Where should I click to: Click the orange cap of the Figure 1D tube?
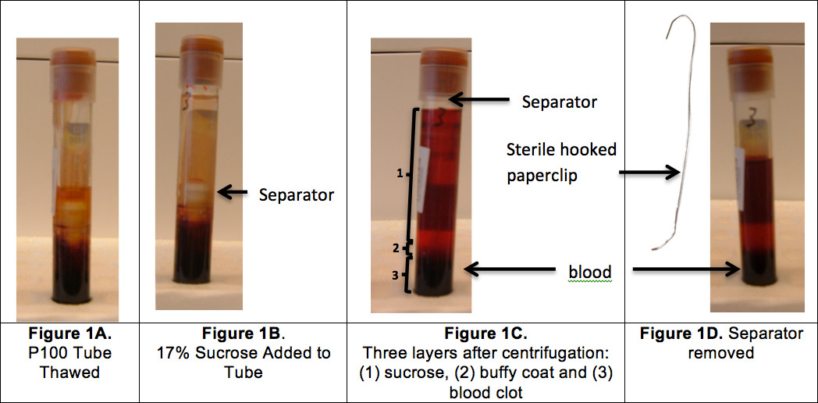(749, 59)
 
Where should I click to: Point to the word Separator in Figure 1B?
(296, 194)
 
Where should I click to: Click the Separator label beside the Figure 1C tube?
(559, 102)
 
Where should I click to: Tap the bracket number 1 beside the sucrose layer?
(399, 174)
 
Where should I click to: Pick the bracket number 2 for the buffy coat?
(396, 248)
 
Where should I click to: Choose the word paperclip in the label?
(542, 176)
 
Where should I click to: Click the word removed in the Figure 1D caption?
(720, 353)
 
